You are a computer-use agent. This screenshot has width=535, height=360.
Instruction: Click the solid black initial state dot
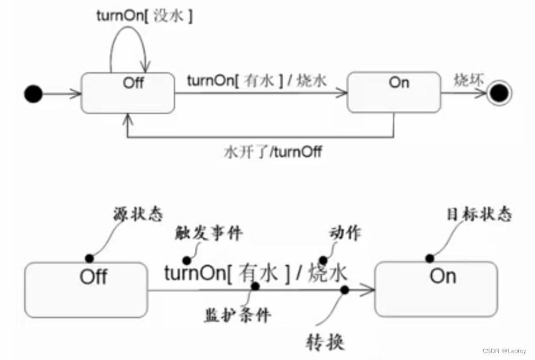tap(34, 94)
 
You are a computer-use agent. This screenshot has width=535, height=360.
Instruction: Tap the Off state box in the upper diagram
tap(128, 92)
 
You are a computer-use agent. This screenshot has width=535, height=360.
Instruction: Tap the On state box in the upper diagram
tap(394, 91)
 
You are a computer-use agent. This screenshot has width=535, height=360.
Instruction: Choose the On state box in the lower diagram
tap(436, 288)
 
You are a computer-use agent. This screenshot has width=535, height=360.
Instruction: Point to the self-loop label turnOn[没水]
tap(144, 16)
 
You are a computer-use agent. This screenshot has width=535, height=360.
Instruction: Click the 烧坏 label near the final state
tap(469, 81)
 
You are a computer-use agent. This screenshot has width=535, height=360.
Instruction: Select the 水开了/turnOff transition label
tap(273, 152)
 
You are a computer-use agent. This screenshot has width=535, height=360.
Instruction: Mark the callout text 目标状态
tap(479, 215)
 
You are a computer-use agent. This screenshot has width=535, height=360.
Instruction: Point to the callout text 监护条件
tap(237, 314)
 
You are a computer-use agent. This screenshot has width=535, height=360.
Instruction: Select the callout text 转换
tap(324, 341)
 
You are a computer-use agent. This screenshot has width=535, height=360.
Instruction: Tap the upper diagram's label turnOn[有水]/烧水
tap(256, 81)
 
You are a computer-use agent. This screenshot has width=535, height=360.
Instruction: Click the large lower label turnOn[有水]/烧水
tap(255, 274)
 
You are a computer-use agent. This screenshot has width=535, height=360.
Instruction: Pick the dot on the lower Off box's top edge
tap(89, 258)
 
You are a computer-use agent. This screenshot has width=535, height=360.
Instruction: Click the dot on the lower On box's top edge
tap(430, 258)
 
